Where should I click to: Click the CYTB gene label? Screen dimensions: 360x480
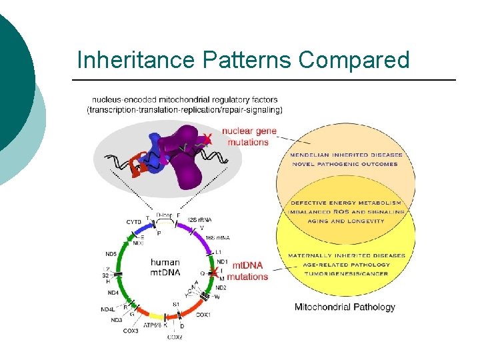coord(133,221)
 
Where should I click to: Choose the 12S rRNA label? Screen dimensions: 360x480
coord(198,219)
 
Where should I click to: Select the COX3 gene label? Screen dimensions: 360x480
coord(131,331)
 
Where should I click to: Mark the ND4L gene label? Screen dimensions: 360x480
coord(108,309)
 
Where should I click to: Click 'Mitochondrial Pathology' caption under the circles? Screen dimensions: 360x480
coord(345,307)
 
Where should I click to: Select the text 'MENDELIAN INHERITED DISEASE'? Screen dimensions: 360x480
coord(346,155)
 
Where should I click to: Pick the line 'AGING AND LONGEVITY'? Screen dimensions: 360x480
coord(346,221)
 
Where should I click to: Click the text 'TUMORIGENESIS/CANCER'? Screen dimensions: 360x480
coord(346,274)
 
